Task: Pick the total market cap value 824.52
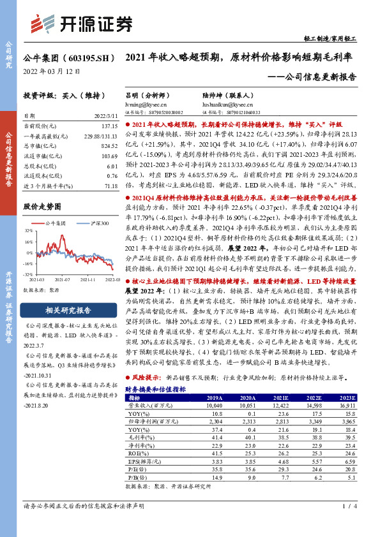click(109, 146)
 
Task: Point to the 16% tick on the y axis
click(28, 243)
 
